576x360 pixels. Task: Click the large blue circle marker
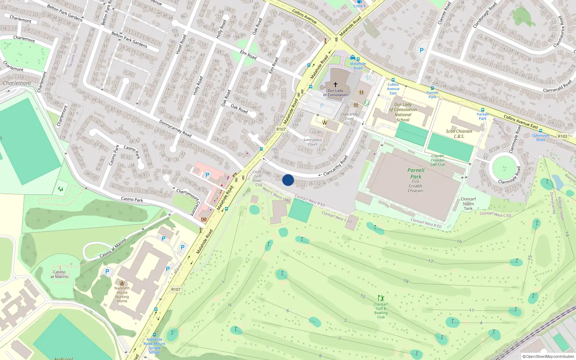pos(288,180)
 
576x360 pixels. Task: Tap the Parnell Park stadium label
pos(416,174)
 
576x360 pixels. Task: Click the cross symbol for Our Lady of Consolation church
pos(336,84)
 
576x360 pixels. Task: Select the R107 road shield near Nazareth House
pos(176,289)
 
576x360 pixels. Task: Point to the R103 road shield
pos(562,136)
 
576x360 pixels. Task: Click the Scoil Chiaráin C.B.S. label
pos(459,134)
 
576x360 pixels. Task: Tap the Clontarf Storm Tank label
pos(468,204)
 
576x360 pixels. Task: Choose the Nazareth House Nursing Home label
pos(122,294)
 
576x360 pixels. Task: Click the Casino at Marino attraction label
pos(59,274)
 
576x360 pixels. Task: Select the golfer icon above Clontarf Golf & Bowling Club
pos(381,298)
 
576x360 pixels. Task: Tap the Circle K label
pos(359,6)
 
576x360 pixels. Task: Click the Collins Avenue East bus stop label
pos(393,89)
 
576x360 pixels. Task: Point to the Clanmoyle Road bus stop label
pos(540,138)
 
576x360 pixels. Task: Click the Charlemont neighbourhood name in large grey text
pos(17,83)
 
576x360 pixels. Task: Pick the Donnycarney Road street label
pos(175,129)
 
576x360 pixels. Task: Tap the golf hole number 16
pos(459,242)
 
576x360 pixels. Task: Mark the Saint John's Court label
pos(312,142)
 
